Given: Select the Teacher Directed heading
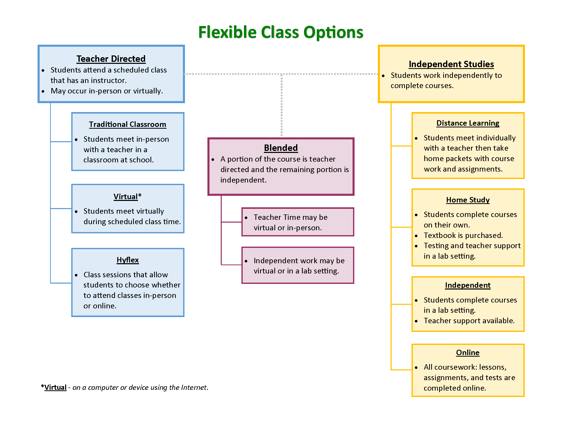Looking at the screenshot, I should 111,59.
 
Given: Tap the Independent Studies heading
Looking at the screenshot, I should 451,64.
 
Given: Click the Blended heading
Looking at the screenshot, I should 281,148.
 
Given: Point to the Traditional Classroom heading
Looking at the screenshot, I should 127,124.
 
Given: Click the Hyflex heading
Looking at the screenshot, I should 127,260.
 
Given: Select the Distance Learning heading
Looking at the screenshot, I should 467,123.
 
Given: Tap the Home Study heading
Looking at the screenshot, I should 467,200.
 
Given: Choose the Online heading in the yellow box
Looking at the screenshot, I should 467,353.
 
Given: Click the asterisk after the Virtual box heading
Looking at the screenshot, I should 140,196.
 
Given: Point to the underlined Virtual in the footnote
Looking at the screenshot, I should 55,388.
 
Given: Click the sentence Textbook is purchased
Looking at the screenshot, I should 463,235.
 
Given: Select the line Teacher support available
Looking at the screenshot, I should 469,321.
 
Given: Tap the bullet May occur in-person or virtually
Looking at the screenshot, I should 107,91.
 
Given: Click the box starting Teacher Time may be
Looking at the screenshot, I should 298,222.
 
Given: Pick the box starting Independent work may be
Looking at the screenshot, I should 298,265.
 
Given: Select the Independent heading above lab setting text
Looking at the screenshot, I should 467,285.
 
